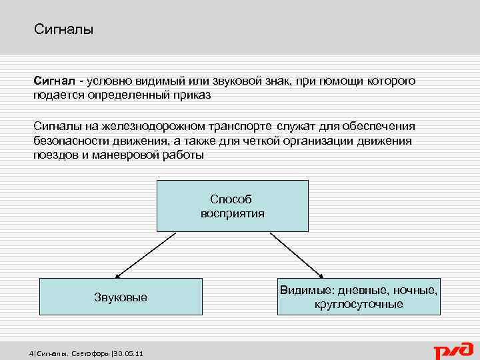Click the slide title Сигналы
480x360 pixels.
pyautogui.click(x=63, y=30)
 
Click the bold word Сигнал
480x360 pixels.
pyautogui.click(x=55, y=81)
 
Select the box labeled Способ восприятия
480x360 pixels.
pyautogui.click(x=232, y=206)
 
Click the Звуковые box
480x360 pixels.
pyautogui.click(x=121, y=297)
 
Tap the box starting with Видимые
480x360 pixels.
pyautogui.click(x=359, y=297)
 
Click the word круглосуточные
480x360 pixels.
pyautogui.click(x=359, y=304)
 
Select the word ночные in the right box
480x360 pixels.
pyautogui.click(x=415, y=290)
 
